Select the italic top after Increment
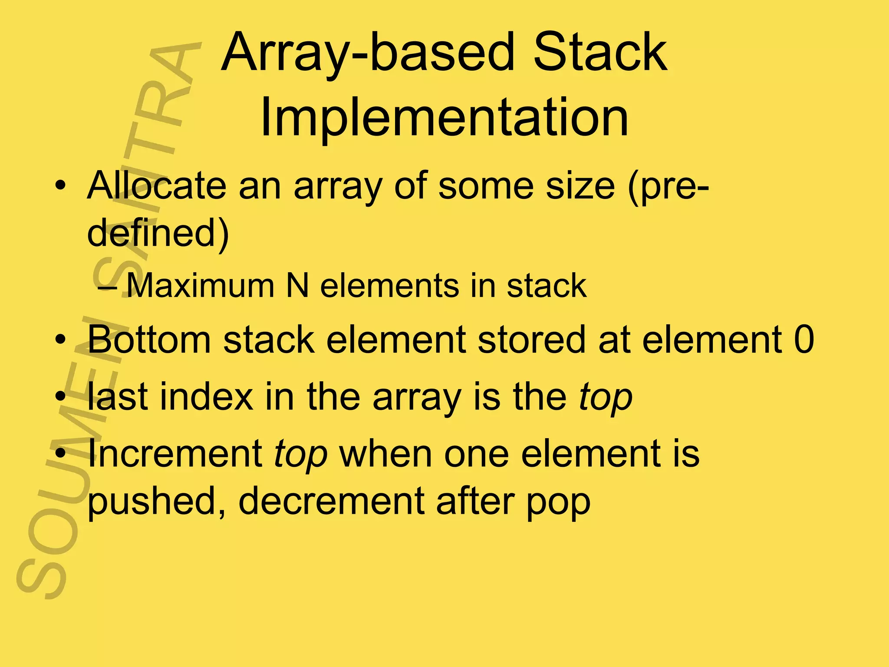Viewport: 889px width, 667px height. coord(300,455)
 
